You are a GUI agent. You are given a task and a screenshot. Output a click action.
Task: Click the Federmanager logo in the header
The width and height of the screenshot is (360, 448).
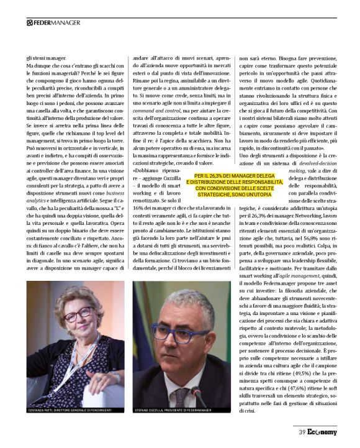coord(53,23)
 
